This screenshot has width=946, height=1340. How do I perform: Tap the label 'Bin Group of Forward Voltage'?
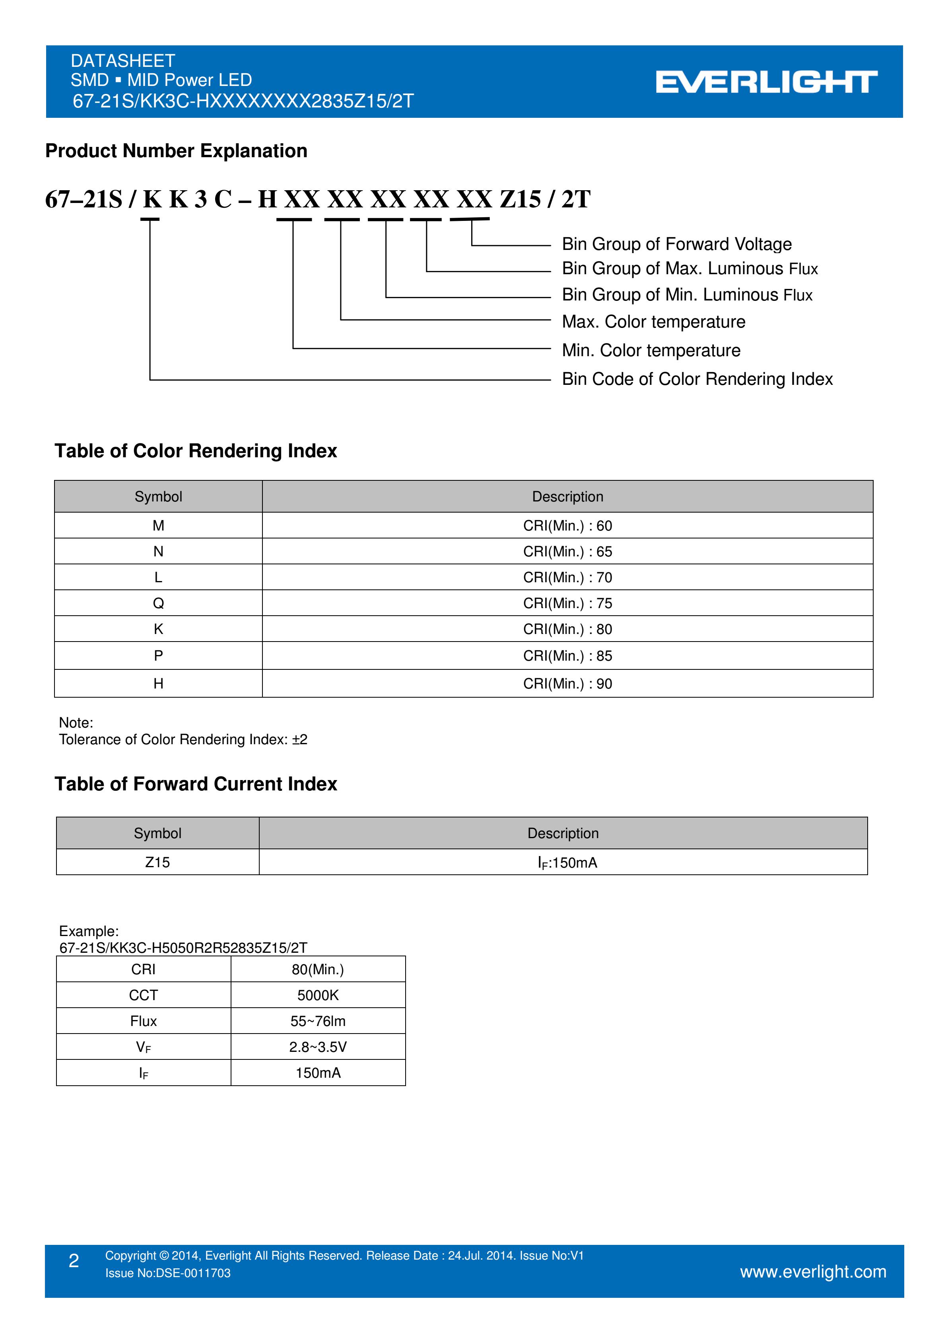point(676,244)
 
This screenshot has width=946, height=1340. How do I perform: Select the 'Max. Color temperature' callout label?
point(653,322)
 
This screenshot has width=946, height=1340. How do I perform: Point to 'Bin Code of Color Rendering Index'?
point(697,379)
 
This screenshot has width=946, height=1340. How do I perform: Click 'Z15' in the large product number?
point(520,200)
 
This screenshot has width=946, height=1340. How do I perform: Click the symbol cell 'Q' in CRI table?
point(158,603)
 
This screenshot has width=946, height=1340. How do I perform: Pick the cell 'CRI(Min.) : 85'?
point(567,656)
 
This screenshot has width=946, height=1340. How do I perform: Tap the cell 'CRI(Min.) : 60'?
point(567,526)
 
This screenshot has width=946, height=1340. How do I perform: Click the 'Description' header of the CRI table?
point(567,497)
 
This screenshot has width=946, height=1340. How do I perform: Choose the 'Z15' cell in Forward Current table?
point(157,862)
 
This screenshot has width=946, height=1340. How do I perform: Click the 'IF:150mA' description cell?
point(567,862)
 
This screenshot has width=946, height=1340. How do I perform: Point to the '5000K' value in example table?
point(318,995)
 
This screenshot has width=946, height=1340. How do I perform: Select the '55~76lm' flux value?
point(318,1021)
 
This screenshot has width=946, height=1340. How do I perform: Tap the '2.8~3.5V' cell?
point(318,1047)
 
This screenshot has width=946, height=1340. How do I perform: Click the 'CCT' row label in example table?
point(144,995)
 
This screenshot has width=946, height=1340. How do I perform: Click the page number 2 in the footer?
point(74,1261)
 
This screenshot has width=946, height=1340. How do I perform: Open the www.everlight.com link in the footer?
point(813,1271)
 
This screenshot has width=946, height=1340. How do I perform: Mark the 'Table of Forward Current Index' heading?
point(196,784)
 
